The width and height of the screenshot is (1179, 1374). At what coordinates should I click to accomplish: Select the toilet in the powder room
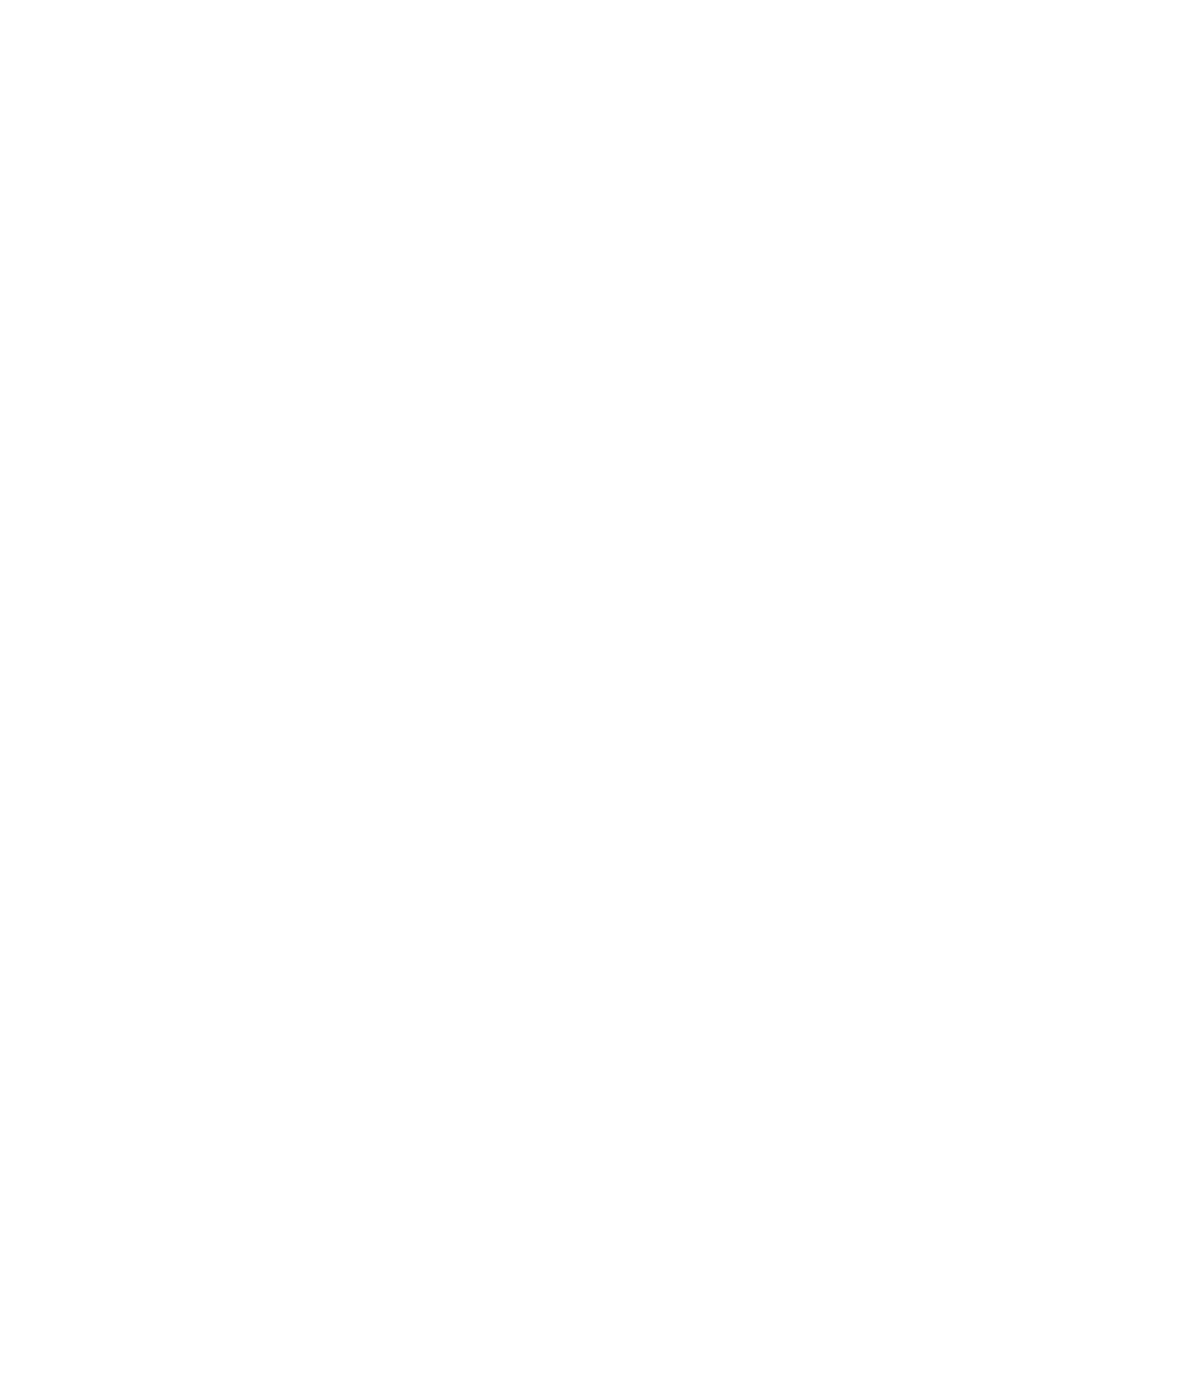pyautogui.click(x=572, y=1170)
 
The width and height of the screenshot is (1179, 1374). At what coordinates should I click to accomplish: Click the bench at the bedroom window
pyautogui.click(x=398, y=310)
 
